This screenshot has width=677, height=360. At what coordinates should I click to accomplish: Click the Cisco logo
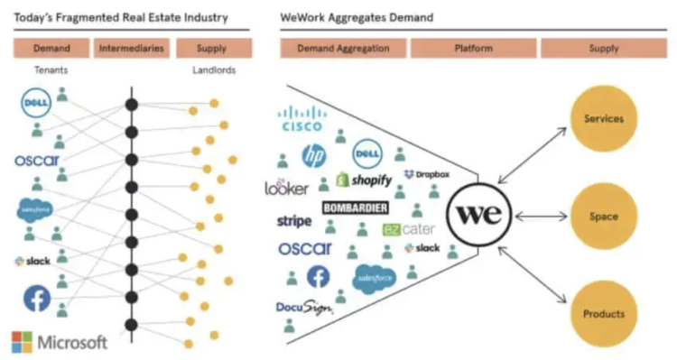point(302,120)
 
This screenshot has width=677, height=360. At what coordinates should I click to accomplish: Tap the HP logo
point(313,156)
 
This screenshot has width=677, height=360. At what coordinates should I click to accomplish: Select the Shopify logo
point(365,180)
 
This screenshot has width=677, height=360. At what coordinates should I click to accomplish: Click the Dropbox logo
point(427,174)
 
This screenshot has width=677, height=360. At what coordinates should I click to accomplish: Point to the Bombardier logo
point(355,208)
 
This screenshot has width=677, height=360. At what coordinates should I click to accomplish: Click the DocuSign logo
point(304,308)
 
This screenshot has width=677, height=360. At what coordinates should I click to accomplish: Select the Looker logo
point(287,188)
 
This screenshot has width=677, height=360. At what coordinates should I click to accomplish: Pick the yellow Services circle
point(604,118)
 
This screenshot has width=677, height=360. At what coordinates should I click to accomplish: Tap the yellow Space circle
point(604,217)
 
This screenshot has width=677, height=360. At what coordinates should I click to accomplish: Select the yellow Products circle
point(604,314)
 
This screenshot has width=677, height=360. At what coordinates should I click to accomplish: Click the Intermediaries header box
point(132,48)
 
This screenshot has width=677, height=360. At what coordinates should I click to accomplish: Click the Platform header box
point(473,48)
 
